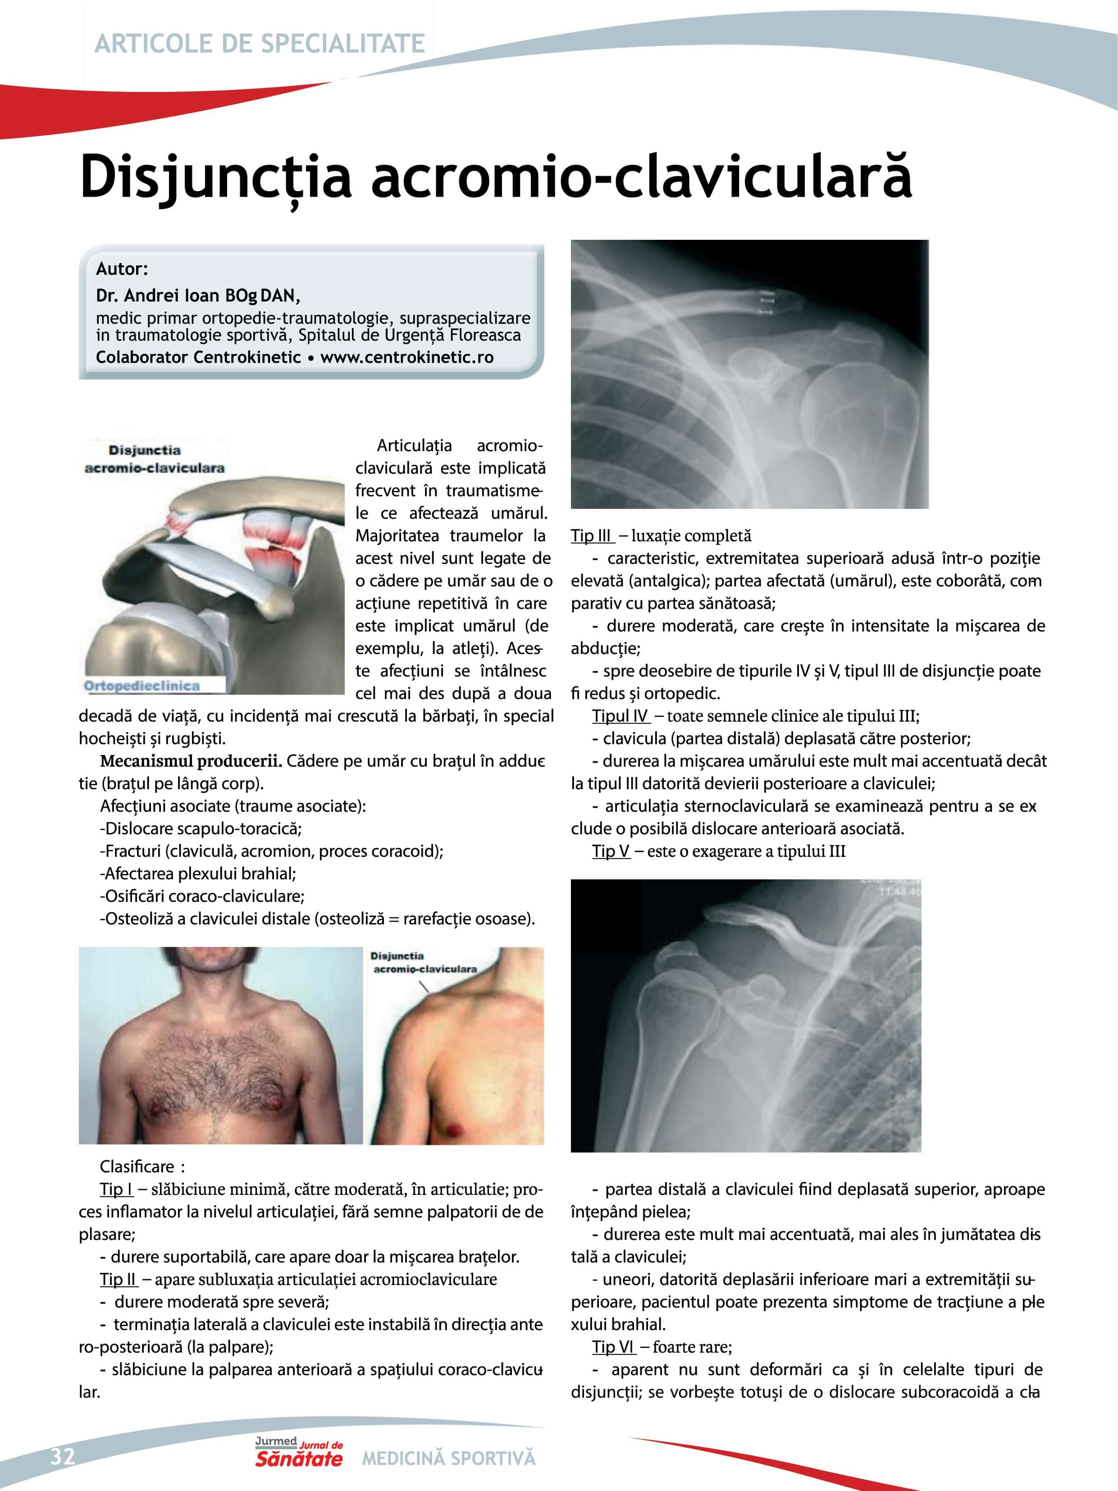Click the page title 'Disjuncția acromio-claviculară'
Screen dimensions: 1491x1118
tap(495, 177)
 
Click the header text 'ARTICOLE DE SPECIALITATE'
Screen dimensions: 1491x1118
tap(260, 44)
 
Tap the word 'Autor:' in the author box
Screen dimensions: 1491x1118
tap(121, 269)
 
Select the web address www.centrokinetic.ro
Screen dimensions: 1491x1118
tap(406, 357)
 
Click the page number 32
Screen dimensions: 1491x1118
tap(63, 1457)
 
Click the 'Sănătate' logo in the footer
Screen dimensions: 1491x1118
tap(298, 1459)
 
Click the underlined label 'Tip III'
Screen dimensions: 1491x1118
tap(591, 536)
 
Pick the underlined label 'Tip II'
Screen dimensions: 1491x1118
tap(118, 1279)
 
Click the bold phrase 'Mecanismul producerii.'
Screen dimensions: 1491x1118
tap(191, 761)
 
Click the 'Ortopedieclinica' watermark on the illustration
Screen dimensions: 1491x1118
tap(141, 686)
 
